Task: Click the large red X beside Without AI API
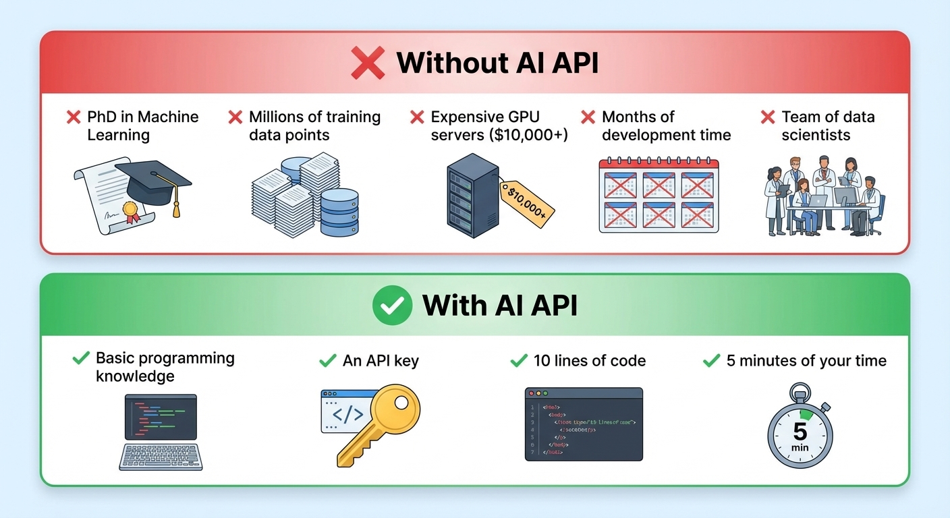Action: click(368, 63)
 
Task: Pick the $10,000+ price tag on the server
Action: click(526, 202)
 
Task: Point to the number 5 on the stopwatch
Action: click(800, 431)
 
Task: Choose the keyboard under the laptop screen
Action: click(161, 456)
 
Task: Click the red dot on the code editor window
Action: click(531, 393)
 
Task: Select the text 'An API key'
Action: click(381, 361)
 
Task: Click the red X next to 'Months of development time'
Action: click(588, 117)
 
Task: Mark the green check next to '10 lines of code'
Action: click(519, 361)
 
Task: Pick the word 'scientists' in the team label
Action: click(816, 135)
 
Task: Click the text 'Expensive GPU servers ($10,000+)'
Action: click(499, 125)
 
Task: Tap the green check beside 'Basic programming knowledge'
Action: click(81, 358)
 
